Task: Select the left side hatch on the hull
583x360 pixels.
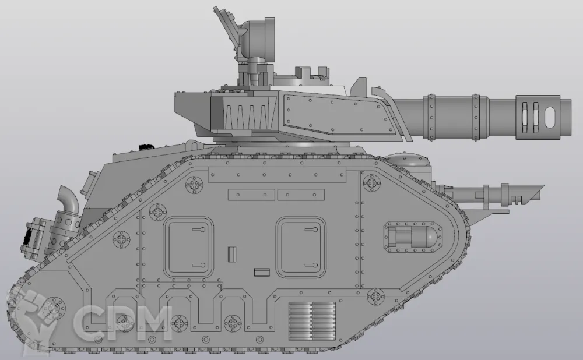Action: pos(189,247)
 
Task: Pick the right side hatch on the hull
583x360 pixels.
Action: pos(301,247)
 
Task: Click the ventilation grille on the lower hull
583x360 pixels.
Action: pos(312,321)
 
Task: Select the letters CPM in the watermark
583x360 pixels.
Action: pos(122,322)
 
